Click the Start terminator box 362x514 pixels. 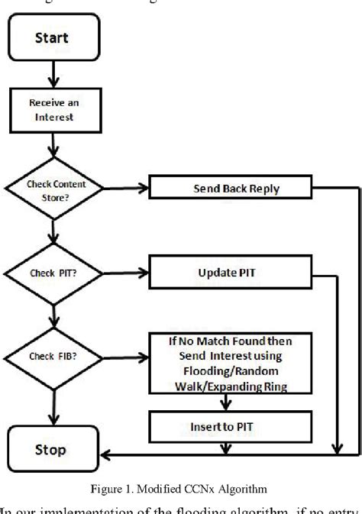tap(50, 37)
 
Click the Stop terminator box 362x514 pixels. tap(50, 450)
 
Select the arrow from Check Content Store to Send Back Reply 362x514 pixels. tap(122, 186)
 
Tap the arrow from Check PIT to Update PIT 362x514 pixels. tap(122, 270)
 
